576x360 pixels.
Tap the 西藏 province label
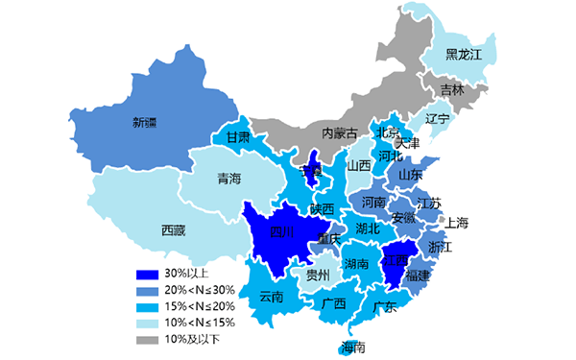point(174,230)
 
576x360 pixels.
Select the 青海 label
point(229,179)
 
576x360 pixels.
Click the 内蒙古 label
point(339,132)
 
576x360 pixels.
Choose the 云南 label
point(272,298)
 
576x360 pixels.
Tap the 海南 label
point(353,348)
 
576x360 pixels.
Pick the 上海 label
point(457,224)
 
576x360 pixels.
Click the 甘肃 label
point(238,138)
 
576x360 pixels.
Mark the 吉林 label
point(451,90)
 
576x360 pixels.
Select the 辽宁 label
point(437,119)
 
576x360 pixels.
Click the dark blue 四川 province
point(281,231)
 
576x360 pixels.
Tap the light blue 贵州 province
point(318,276)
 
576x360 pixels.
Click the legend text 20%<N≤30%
point(199,290)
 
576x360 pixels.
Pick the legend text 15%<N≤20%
point(199,306)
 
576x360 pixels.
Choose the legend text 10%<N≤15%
point(199,323)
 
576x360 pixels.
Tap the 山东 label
point(411,175)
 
